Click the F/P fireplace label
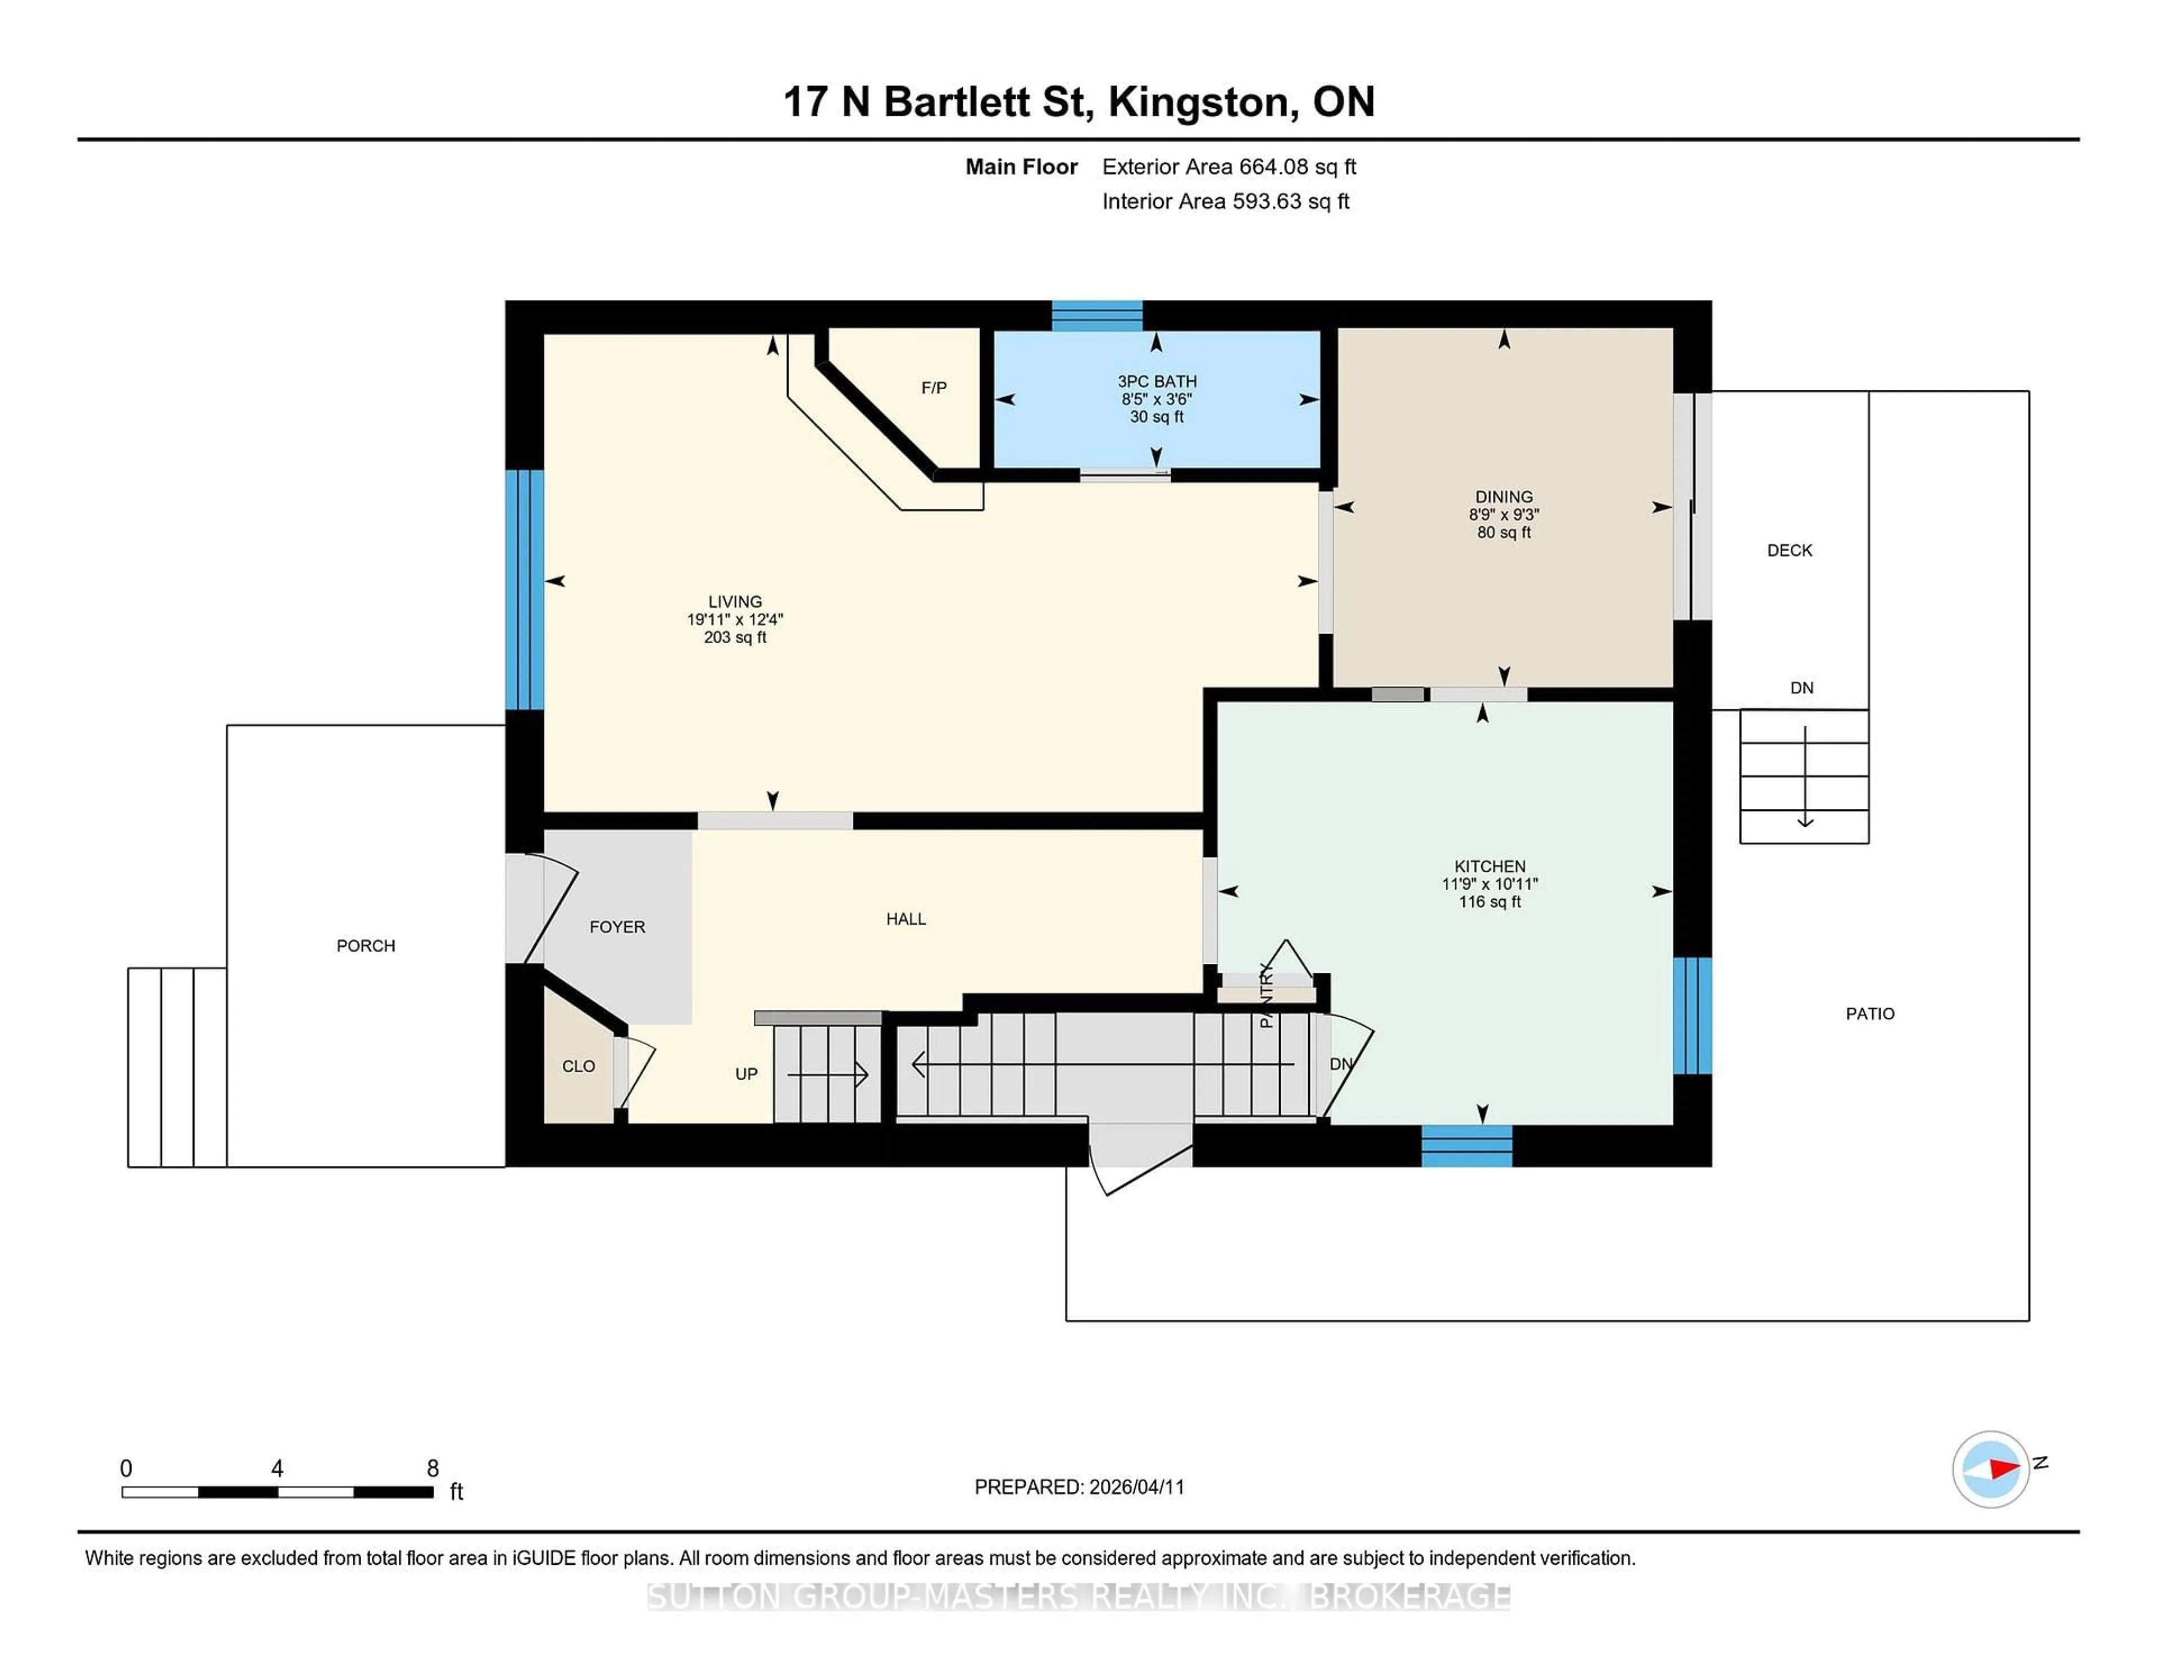934,388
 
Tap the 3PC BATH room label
1157,381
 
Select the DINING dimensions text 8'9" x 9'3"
1503,514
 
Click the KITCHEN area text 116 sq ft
1489,901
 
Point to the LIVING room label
735,602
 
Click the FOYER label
617,926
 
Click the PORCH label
366,945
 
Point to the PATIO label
1869,1013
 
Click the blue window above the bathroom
1096,315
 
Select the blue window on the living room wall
525,590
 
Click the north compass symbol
1990,1469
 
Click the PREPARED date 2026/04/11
1136,1486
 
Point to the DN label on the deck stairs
1801,687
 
